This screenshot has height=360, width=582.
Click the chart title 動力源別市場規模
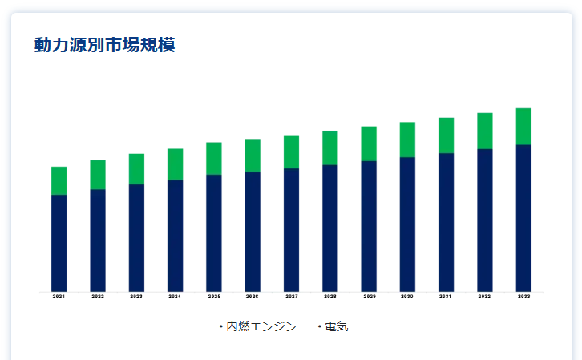pos(104,45)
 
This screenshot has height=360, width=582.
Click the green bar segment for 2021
pos(59,180)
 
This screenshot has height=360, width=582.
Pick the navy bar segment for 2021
pos(59,242)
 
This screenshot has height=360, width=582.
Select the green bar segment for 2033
pos(523,126)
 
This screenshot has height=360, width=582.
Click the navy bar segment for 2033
pos(523,217)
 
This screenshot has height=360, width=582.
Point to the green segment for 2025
pos(214,158)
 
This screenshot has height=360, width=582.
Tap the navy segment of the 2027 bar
pos(291,229)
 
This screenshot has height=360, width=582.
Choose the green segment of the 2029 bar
pos(369,144)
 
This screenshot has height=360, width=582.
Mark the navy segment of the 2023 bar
pos(136,237)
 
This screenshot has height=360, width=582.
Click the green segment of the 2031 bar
pos(446,135)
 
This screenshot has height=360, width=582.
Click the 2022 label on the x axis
pos(98,297)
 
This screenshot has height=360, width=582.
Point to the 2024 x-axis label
pos(175,297)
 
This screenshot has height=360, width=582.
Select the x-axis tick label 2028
pos(330,297)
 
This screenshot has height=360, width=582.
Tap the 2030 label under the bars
pos(407,297)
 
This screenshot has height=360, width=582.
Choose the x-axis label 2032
pos(485,297)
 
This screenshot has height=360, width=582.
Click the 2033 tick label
pos(523,297)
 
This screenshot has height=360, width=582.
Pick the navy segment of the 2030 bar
pos(407,224)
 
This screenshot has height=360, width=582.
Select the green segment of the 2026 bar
pos(253,155)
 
